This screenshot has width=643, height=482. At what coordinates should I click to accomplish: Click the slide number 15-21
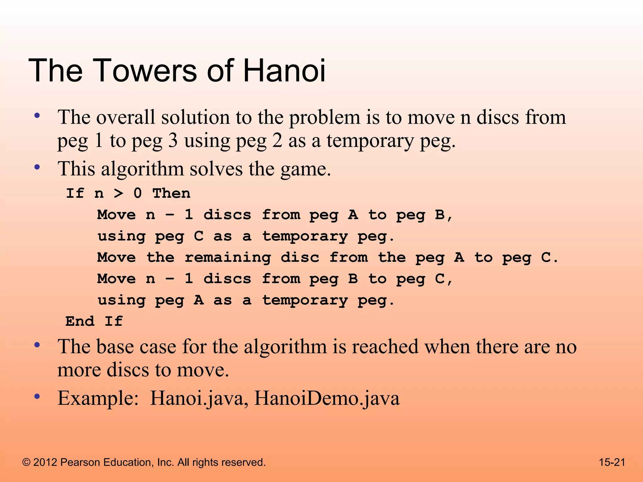point(612,462)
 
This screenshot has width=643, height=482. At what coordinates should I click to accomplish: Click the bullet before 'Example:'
point(37,397)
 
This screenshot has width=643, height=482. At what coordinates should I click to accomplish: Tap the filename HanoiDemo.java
point(327,399)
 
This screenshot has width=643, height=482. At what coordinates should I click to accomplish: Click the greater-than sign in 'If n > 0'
point(118,193)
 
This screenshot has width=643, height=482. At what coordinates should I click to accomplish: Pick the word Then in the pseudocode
point(171,193)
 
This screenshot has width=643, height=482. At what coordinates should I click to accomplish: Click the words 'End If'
point(94,321)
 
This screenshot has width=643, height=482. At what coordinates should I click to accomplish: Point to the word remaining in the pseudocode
point(228,258)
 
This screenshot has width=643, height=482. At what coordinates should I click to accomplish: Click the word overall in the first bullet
point(126,117)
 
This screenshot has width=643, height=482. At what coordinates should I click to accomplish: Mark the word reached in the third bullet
point(385,347)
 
